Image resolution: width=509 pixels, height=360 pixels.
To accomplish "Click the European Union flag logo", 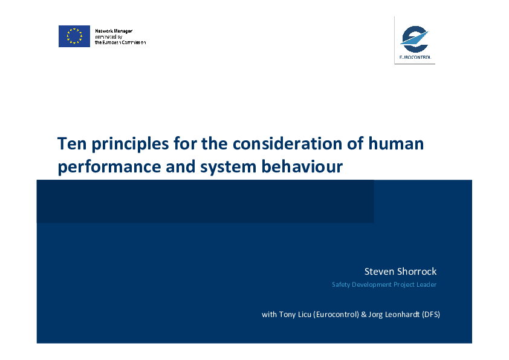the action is pyautogui.click(x=74, y=36).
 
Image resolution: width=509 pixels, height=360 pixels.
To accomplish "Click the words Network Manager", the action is pyautogui.click(x=114, y=31).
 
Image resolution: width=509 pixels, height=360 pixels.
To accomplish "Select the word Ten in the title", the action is pyautogui.click(x=72, y=143).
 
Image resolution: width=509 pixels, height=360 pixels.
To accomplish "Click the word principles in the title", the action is pyautogui.click(x=130, y=144).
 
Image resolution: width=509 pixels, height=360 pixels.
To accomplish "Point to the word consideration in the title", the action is pyautogui.click(x=287, y=143).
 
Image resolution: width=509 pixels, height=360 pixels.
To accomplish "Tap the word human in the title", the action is pyautogui.click(x=396, y=143).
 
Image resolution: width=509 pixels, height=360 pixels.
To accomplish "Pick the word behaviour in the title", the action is pyautogui.click(x=302, y=166).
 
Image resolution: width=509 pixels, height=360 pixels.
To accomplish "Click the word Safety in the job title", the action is pyautogui.click(x=341, y=284).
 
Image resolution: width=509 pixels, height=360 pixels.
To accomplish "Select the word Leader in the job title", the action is pyautogui.click(x=427, y=284).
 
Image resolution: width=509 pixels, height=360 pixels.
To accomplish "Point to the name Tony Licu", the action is pyautogui.click(x=295, y=315).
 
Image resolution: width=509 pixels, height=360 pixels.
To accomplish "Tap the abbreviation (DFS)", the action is pyautogui.click(x=431, y=315).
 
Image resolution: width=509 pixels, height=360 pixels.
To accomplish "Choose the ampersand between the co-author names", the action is pyautogui.click(x=363, y=315).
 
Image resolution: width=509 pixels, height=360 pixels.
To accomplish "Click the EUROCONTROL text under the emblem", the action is pyautogui.click(x=415, y=57).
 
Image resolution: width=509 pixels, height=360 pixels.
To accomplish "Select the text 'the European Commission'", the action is pyautogui.click(x=120, y=42).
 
